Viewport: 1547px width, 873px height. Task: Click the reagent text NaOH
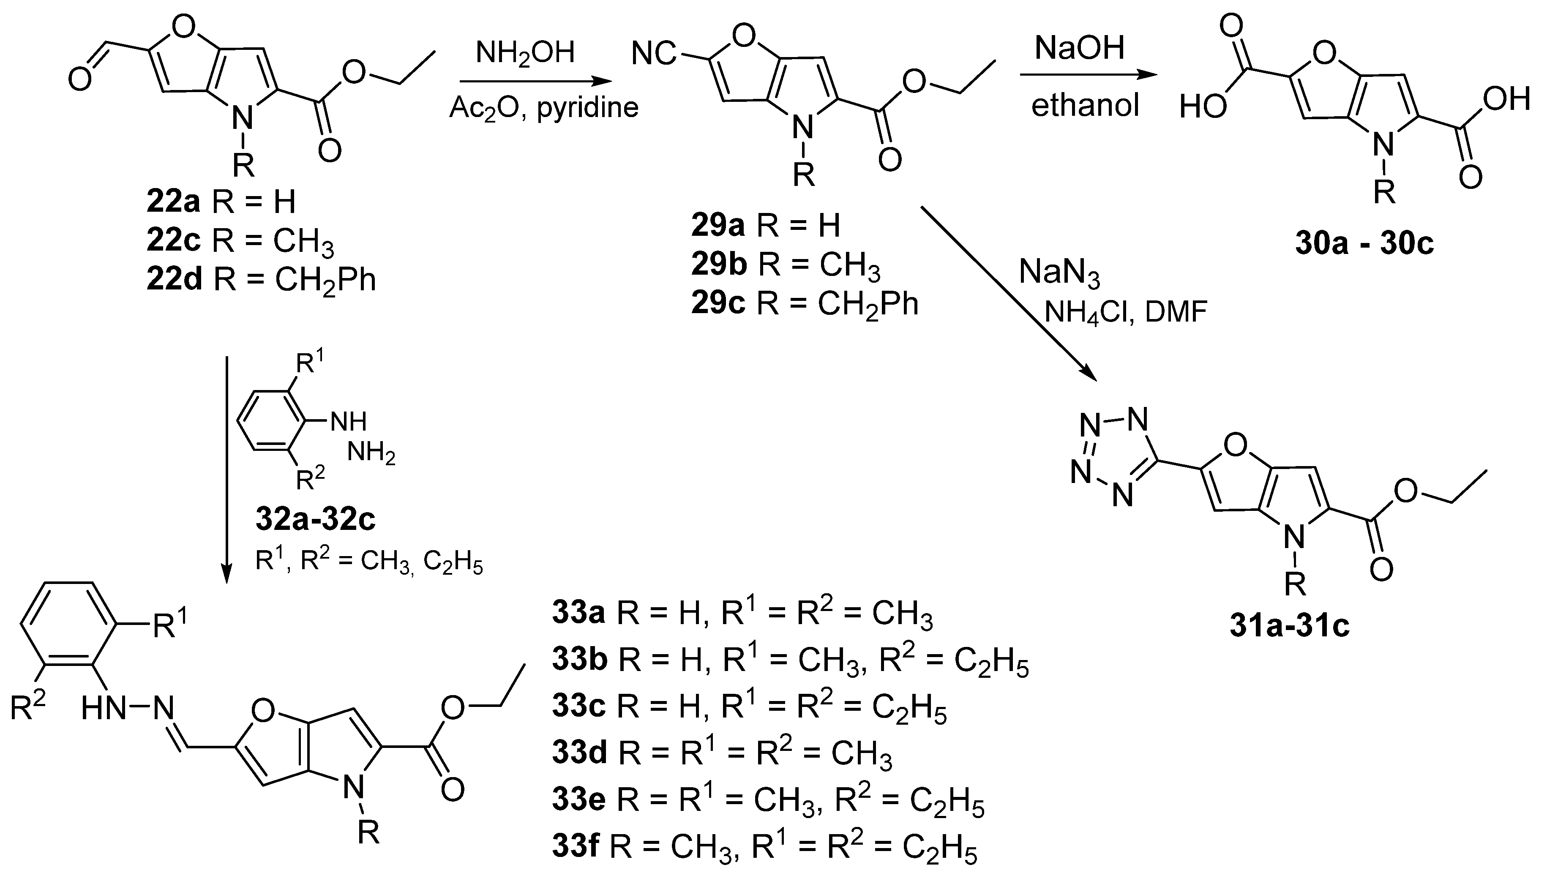coord(1079,48)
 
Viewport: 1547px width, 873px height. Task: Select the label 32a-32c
coord(315,520)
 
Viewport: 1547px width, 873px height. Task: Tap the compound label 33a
coord(579,615)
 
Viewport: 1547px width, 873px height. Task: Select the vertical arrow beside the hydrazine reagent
coord(226,468)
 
